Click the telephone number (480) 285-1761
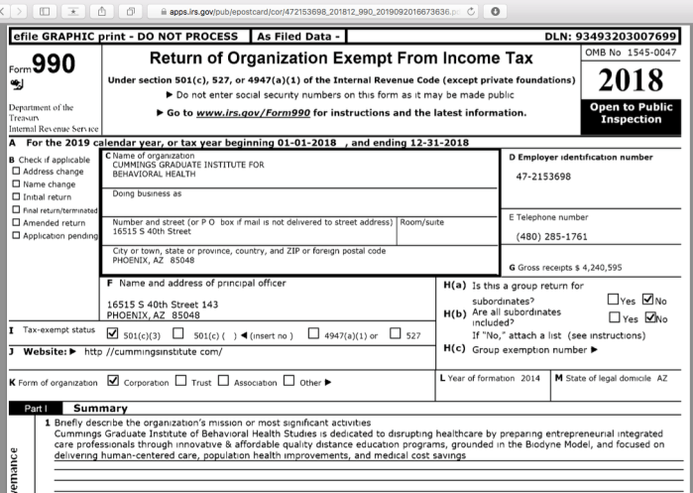(553, 237)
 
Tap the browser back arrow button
(11, 12)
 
